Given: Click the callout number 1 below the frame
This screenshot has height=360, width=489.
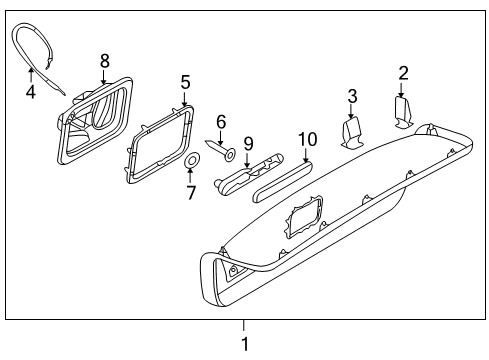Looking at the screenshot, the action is click(245, 344).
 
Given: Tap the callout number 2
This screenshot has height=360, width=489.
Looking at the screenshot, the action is click(404, 73).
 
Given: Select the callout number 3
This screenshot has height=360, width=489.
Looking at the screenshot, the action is click(352, 96).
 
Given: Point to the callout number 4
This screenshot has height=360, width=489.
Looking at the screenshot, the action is click(31, 92).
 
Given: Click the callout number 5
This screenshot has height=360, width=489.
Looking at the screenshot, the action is click(185, 82).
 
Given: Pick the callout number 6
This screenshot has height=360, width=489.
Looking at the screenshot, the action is click(221, 122).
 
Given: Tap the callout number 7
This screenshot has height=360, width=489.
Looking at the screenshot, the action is click(191, 193).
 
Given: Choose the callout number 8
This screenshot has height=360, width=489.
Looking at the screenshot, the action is click(105, 61).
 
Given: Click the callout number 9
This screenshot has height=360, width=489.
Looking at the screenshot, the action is click(248, 144).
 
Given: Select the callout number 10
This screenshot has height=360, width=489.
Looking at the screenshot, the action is click(307, 139).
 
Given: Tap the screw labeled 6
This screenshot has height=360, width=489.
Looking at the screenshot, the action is click(221, 149).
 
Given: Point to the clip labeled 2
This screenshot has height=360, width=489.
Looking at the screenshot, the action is click(403, 112).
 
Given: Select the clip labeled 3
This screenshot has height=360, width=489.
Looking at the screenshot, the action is click(352, 133).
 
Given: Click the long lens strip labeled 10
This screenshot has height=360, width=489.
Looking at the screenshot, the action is click(283, 181).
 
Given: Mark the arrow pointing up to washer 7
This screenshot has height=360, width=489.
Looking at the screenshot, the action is click(190, 176).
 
